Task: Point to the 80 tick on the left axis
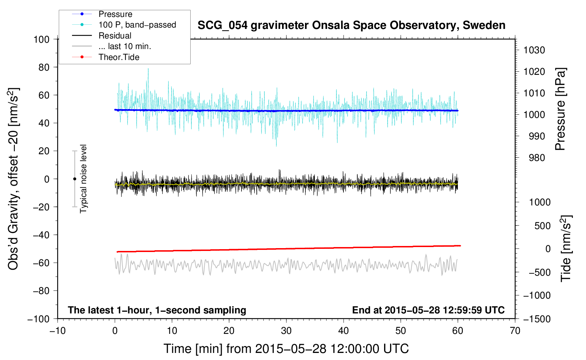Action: tap(44, 67)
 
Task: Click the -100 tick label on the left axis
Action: tap(38, 319)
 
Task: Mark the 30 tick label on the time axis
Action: tap(286, 331)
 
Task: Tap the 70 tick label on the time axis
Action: tap(515, 331)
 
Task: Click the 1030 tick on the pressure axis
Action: tap(534, 50)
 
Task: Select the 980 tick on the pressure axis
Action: tap(537, 158)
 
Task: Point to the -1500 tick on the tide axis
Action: tap(537, 319)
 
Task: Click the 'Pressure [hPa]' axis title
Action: tap(560, 109)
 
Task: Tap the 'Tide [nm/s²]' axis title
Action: tap(566, 248)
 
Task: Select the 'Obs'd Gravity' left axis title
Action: tap(13, 179)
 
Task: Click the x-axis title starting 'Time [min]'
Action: tap(286, 349)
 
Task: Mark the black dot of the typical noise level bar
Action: tap(74, 179)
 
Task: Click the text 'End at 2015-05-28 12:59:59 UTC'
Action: tap(428, 310)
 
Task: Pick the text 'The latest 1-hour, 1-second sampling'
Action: tap(157, 310)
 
